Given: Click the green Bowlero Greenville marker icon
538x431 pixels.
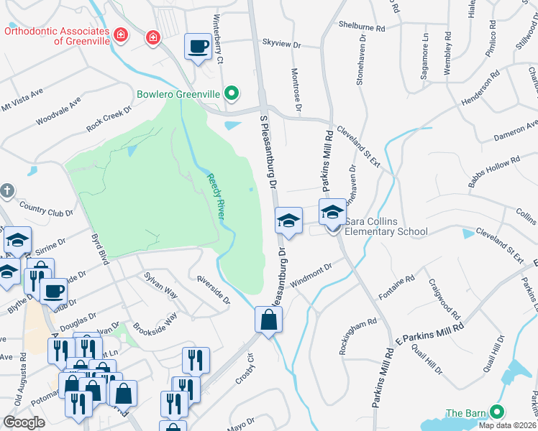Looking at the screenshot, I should [232, 93].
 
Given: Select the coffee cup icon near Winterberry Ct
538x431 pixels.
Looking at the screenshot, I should [198, 47].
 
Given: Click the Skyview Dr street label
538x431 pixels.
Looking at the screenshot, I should [281, 44].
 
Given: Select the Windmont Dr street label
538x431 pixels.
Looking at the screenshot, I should [311, 272].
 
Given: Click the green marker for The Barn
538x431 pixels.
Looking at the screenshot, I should [496, 412].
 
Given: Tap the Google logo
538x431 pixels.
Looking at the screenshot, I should [24, 422].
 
